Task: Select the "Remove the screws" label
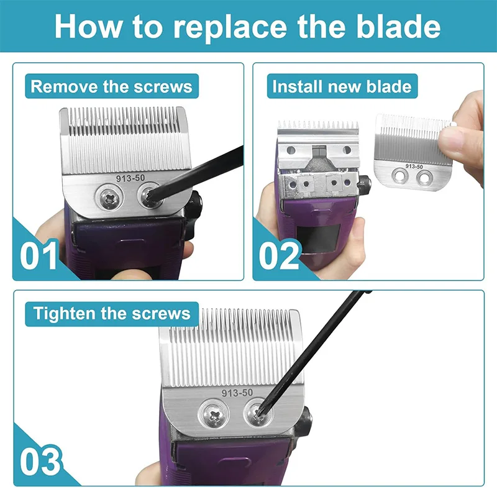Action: tap(112, 86)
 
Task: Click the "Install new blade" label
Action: tap(342, 86)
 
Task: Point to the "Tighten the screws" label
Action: tap(112, 314)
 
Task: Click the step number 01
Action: tap(39, 255)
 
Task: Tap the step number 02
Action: tap(279, 255)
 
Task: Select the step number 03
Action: tap(40, 461)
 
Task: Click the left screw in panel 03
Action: tap(214, 415)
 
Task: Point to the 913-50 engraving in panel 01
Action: tap(130, 178)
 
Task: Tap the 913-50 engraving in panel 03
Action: tap(237, 393)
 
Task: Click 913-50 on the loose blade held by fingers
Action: tap(414, 166)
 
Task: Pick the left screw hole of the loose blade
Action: tap(400, 176)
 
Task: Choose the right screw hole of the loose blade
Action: tap(424, 178)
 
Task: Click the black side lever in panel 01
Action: tap(193, 216)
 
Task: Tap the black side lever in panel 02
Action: tap(365, 185)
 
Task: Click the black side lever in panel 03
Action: tap(304, 422)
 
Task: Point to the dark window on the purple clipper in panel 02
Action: tap(319, 239)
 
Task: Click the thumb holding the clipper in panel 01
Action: tap(133, 275)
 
